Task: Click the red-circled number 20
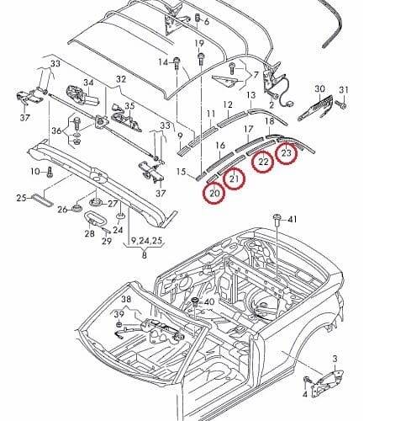[x=214, y=193]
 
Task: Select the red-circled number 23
[x=287, y=153]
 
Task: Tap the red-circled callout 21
[x=235, y=179]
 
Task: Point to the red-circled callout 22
[x=263, y=162]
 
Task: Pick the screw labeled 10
[x=50, y=172]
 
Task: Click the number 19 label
[x=199, y=44]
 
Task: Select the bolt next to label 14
[x=177, y=63]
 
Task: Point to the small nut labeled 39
[x=119, y=325]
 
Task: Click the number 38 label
[x=126, y=300]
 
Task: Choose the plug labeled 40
[x=195, y=303]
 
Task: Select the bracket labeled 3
[x=330, y=381]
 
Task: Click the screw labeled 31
[x=344, y=105]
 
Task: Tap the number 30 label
[x=320, y=89]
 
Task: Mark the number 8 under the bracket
[x=145, y=256]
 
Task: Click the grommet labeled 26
[x=76, y=208]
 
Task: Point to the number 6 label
[x=207, y=22]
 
